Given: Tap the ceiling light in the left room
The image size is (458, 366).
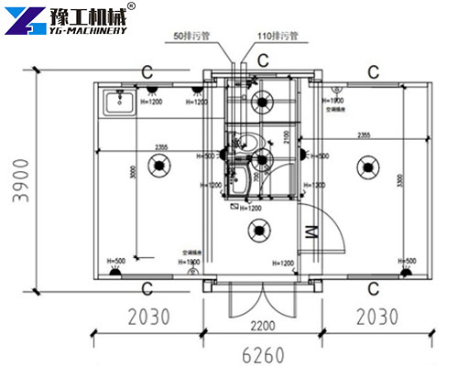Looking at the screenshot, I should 159,166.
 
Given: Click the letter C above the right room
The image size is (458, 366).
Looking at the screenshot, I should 373,70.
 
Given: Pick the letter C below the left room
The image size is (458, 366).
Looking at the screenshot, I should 147,288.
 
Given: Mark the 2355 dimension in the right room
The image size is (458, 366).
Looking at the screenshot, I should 364,135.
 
